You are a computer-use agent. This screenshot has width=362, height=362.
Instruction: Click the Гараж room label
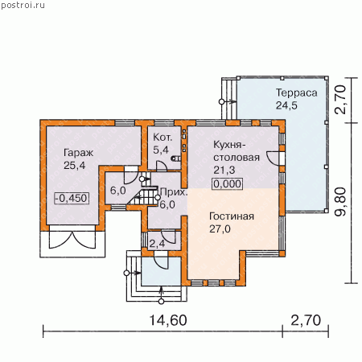click(78, 153)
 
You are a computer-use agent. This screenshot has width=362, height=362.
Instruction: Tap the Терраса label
click(297, 93)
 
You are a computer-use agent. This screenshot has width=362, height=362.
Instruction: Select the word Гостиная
click(232, 216)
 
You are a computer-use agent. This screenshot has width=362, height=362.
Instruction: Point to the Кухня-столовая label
click(237, 150)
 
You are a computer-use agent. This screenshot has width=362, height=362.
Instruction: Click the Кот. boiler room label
click(162, 138)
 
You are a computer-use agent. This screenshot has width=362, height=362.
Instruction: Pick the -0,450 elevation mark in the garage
click(72, 199)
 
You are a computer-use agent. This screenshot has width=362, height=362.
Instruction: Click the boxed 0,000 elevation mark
click(228, 184)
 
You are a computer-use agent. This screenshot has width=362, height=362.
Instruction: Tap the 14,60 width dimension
click(168, 320)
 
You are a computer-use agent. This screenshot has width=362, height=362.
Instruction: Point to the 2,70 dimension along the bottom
click(306, 320)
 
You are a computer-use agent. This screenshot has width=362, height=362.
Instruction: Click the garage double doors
click(72, 240)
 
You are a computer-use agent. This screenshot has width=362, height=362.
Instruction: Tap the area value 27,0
click(220, 229)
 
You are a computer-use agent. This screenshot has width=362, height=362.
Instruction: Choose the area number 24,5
click(286, 105)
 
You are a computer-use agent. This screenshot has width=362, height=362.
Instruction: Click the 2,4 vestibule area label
click(157, 244)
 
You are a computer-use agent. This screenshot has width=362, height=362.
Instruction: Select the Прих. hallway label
click(173, 192)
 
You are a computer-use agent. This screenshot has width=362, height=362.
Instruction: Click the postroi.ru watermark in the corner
click(23, 6)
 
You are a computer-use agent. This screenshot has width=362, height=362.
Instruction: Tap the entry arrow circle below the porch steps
click(161, 302)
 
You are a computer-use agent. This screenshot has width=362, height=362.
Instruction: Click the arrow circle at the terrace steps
click(222, 102)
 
